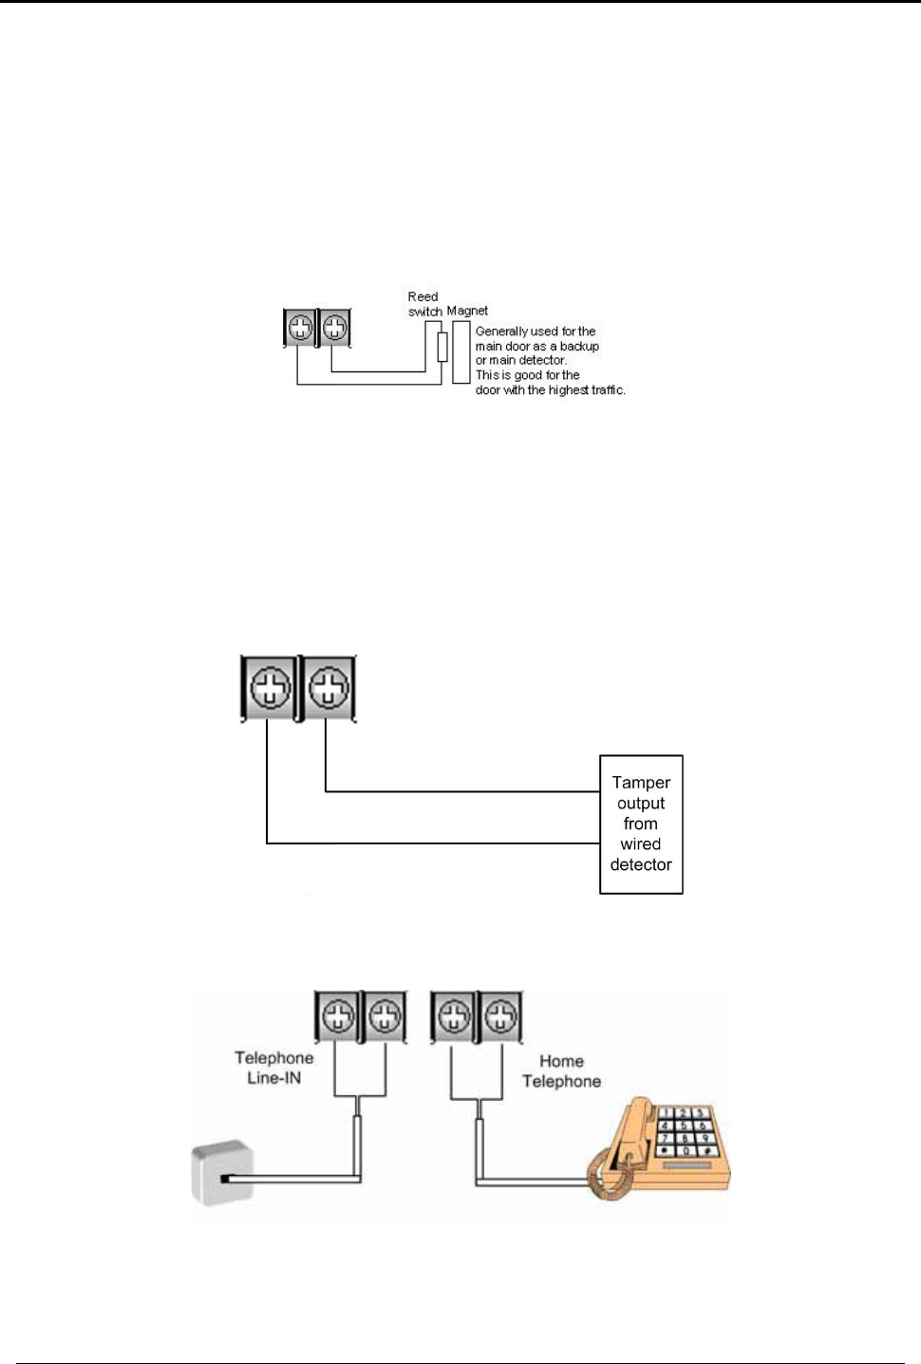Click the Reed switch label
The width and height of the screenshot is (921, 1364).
pyautogui.click(x=423, y=304)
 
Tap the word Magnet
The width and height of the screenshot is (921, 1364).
pyautogui.click(x=467, y=311)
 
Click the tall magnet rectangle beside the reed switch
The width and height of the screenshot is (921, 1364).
pyautogui.click(x=461, y=351)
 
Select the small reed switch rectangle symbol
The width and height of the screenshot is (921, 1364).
pyautogui.click(x=442, y=347)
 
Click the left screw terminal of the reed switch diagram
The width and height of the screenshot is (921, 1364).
pyautogui.click(x=300, y=328)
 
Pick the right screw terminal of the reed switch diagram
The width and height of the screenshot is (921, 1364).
pyautogui.click(x=334, y=328)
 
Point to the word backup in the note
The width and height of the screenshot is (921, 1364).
pyautogui.click(x=579, y=347)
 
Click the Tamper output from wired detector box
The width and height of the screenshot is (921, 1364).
pyautogui.click(x=641, y=824)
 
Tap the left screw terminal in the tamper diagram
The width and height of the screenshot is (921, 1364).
pyautogui.click(x=270, y=687)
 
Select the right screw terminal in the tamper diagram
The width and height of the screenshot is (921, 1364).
pyautogui.click(x=328, y=687)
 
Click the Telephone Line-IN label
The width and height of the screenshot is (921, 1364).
pyautogui.click(x=273, y=1068)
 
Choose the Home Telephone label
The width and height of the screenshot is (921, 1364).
pyautogui.click(x=561, y=1071)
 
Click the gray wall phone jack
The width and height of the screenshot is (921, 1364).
pyautogui.click(x=222, y=1174)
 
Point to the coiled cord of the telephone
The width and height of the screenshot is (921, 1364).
pyautogui.click(x=608, y=1177)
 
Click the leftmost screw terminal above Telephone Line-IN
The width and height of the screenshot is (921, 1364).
pyautogui.click(x=338, y=1016)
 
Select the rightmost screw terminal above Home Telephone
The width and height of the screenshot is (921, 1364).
pyautogui.click(x=500, y=1016)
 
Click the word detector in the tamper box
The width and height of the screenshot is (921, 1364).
pyautogui.click(x=641, y=864)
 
